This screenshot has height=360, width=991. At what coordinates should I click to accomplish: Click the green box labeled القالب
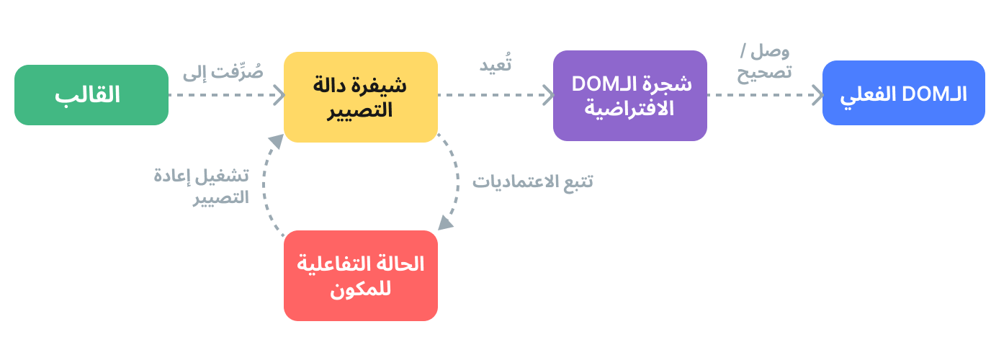(91, 95)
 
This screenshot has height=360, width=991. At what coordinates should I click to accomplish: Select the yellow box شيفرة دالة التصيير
(360, 96)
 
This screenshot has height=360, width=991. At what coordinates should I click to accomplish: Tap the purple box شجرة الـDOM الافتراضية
(629, 95)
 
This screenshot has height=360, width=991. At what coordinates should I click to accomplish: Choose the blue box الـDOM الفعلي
(903, 94)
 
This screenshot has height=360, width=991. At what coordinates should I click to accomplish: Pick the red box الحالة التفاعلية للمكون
(360, 275)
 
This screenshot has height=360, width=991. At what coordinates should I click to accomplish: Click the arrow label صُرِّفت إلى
(223, 72)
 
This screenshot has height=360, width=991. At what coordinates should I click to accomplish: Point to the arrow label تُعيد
(495, 64)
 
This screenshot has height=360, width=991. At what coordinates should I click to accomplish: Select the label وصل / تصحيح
(764, 62)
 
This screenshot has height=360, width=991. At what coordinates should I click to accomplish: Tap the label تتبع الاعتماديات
(532, 181)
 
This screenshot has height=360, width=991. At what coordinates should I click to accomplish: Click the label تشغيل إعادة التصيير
(202, 187)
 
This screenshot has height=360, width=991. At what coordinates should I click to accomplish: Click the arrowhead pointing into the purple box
(548, 95)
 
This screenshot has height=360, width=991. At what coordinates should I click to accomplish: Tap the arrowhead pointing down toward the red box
(446, 222)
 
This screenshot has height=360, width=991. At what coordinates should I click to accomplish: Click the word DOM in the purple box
(591, 84)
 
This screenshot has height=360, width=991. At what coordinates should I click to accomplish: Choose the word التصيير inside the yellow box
(360, 111)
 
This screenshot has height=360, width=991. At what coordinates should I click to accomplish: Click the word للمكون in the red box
(360, 289)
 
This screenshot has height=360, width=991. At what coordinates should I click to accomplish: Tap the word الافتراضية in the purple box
(629, 109)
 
